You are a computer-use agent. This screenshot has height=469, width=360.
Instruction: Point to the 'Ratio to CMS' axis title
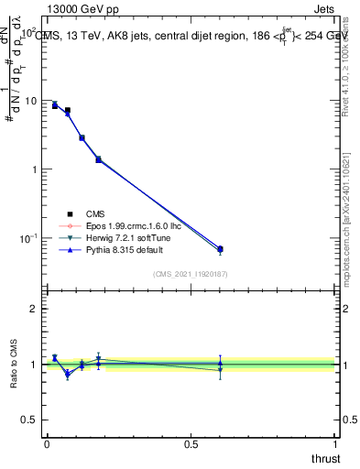coord(14,365)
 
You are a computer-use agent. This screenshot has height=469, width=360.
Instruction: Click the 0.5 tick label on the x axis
coord(191,444)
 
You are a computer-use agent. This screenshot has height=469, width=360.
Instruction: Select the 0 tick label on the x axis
coord(47,444)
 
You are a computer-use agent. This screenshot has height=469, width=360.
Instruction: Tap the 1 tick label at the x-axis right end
coord(335,444)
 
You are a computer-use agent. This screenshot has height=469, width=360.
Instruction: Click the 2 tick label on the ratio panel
coord(34,309)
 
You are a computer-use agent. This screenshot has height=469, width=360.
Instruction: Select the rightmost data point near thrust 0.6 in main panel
coord(220,249)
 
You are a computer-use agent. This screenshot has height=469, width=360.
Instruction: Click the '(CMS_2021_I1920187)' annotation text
coord(191,274)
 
